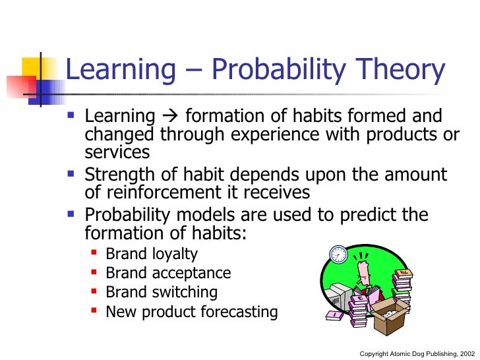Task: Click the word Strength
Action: coord(119,175)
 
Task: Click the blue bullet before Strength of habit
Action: coord(73,175)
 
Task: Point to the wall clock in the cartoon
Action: coord(338,254)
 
